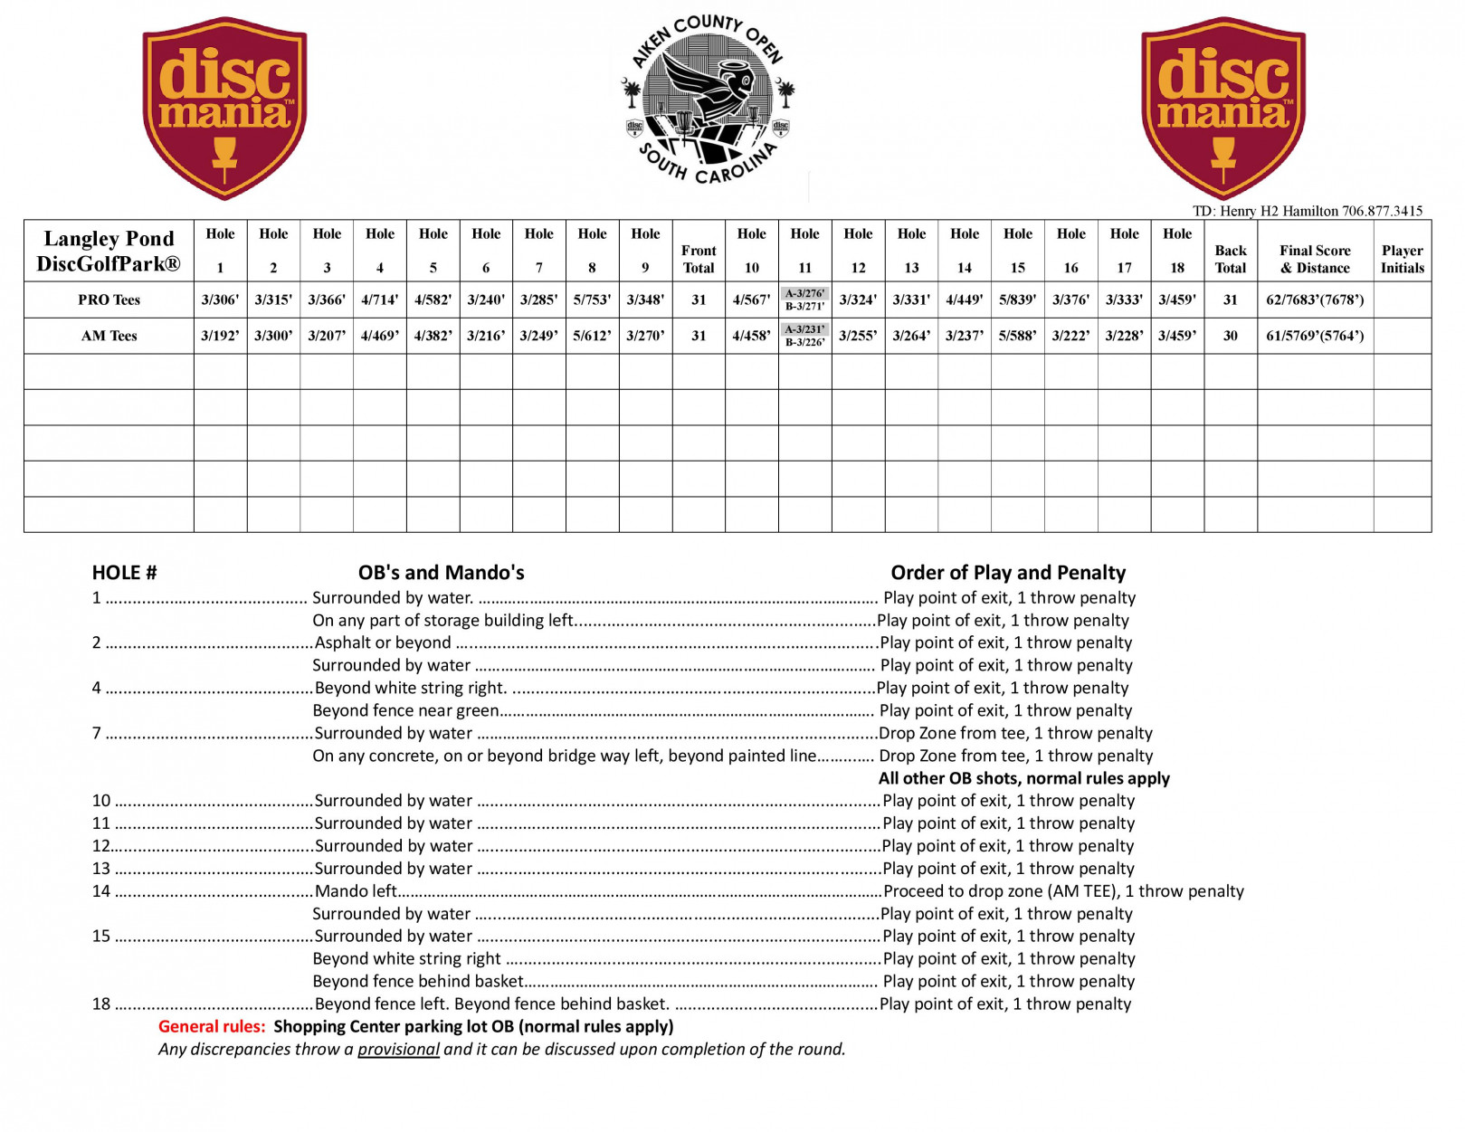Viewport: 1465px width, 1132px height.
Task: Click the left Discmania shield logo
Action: tap(224, 107)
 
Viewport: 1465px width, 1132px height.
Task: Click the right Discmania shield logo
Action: tap(1222, 107)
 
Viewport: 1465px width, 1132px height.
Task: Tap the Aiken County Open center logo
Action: tap(709, 100)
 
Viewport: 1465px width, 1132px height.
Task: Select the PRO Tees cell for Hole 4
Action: tap(380, 300)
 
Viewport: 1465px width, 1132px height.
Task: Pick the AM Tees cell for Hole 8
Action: tap(592, 336)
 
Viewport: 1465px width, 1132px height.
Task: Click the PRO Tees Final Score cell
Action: tap(1314, 300)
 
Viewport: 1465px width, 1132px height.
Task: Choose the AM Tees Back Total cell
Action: tap(1230, 336)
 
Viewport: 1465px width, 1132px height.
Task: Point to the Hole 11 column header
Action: tap(804, 251)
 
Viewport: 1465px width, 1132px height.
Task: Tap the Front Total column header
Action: tap(698, 259)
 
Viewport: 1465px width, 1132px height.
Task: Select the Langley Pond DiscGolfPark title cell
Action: tap(109, 251)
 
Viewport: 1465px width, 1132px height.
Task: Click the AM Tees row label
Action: tap(109, 336)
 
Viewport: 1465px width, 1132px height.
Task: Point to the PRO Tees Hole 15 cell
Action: tap(1017, 300)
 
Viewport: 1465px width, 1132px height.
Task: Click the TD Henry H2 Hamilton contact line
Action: tap(1307, 211)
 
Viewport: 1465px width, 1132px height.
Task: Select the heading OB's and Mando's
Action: tap(441, 573)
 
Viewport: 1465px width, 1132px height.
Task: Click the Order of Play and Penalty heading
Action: tap(1007, 573)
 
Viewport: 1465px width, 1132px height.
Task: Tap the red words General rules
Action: tap(212, 1026)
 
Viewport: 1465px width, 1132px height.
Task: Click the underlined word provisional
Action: tap(398, 1049)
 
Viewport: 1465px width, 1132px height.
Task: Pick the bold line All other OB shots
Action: tap(1023, 778)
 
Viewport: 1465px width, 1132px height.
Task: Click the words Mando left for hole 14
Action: tap(356, 891)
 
